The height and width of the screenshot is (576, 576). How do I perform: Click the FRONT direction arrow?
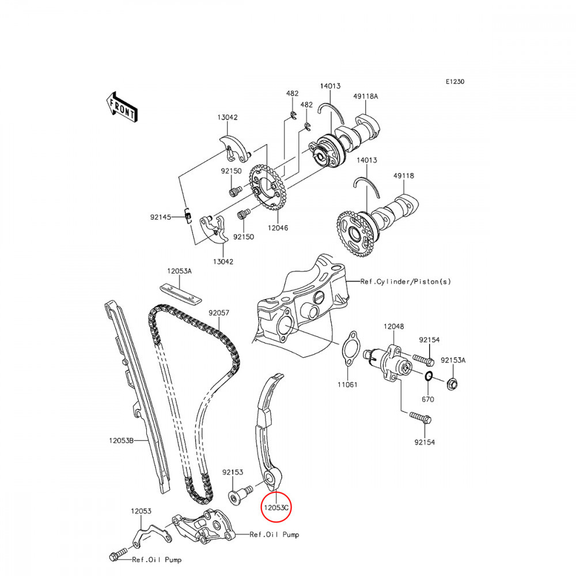(x=122, y=107)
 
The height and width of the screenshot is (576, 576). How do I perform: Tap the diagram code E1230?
(x=454, y=82)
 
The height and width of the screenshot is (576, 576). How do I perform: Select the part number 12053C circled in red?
(x=276, y=509)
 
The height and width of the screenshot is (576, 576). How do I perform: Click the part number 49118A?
(x=366, y=97)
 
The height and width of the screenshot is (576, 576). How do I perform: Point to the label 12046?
(x=277, y=228)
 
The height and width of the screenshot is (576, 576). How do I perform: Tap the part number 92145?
(x=162, y=217)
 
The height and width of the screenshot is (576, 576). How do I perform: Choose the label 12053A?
(x=180, y=271)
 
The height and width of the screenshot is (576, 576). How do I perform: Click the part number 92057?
(x=219, y=313)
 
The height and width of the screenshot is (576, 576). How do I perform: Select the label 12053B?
(x=122, y=441)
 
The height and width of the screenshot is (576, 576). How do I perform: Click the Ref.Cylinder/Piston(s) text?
(x=406, y=282)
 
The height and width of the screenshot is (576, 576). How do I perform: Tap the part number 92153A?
(x=453, y=360)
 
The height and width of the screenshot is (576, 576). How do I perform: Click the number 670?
(x=427, y=399)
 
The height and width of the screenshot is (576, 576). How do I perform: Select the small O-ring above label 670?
(x=429, y=377)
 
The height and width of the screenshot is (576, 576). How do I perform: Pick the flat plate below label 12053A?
(x=180, y=293)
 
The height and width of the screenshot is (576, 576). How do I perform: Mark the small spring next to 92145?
(x=187, y=215)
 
